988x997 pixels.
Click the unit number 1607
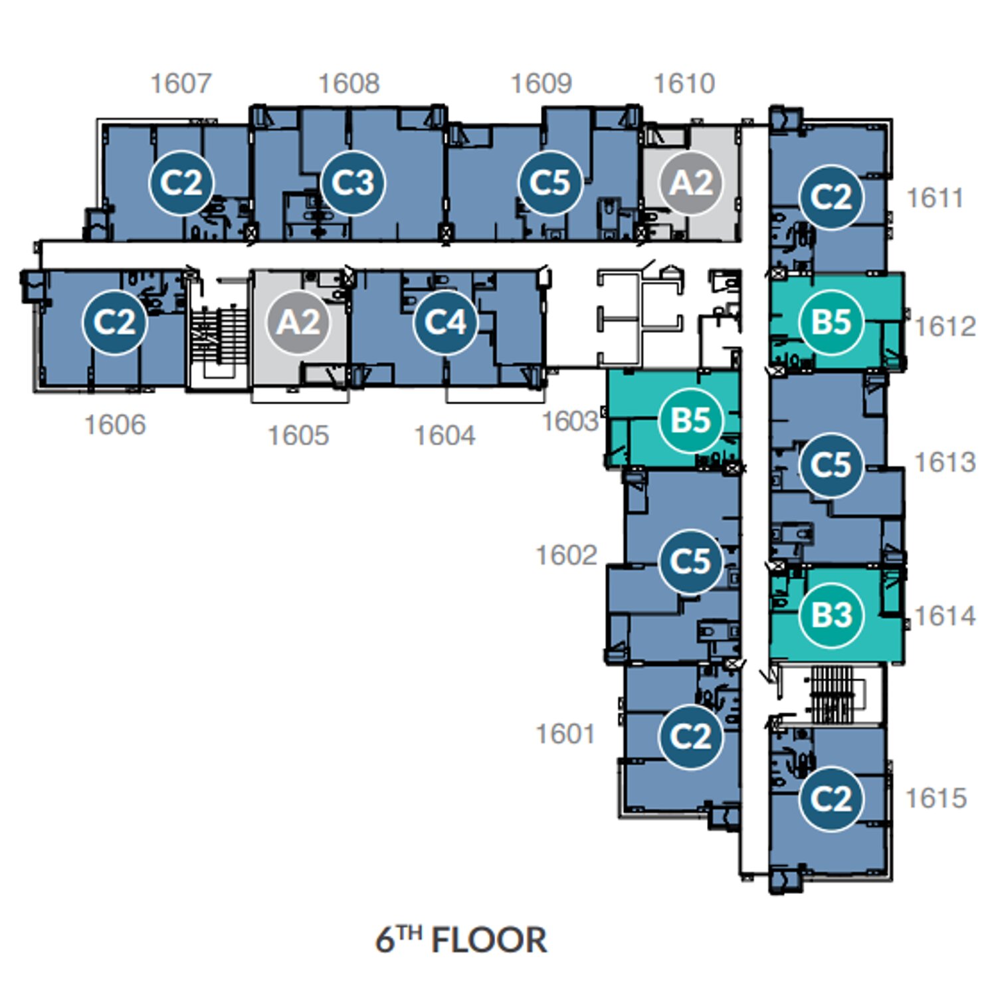click(181, 84)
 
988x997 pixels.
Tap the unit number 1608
click(349, 84)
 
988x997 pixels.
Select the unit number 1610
click(684, 84)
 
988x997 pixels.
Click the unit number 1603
click(570, 421)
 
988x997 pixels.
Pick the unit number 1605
click(298, 436)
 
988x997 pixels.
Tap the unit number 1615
click(936, 798)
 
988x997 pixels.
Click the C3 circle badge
click(353, 183)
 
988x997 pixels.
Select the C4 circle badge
click(445, 322)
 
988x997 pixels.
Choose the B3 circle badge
click(832, 615)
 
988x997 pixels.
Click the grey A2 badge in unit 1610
click(692, 183)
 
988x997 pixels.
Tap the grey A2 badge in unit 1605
click(299, 322)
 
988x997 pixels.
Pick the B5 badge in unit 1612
click(831, 322)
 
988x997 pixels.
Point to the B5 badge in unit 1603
click(691, 420)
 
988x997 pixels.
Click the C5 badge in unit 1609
click(550, 183)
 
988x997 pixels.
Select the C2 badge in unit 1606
click(115, 322)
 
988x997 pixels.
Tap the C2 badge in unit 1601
click(691, 736)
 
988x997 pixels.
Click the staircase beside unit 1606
click(217, 336)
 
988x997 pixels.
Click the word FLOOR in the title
click(489, 941)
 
